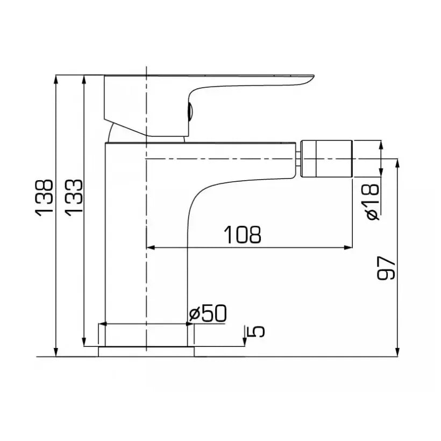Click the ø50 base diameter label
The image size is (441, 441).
209,314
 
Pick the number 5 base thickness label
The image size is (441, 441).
258,331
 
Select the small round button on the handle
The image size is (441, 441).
189,111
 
